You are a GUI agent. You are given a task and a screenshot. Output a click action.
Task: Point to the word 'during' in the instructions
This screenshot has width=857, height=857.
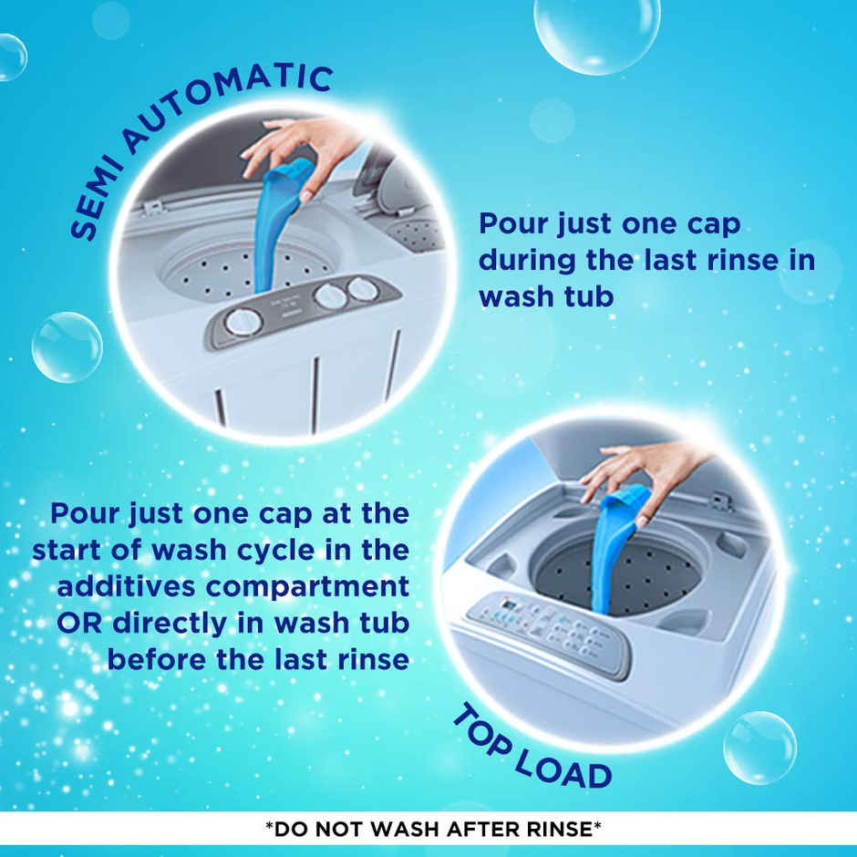[x=526, y=261]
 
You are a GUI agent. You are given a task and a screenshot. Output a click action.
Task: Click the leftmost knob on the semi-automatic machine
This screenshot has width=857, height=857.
[x=243, y=321]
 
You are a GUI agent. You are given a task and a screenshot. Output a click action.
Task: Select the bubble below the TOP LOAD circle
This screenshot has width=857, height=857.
[x=759, y=748]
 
